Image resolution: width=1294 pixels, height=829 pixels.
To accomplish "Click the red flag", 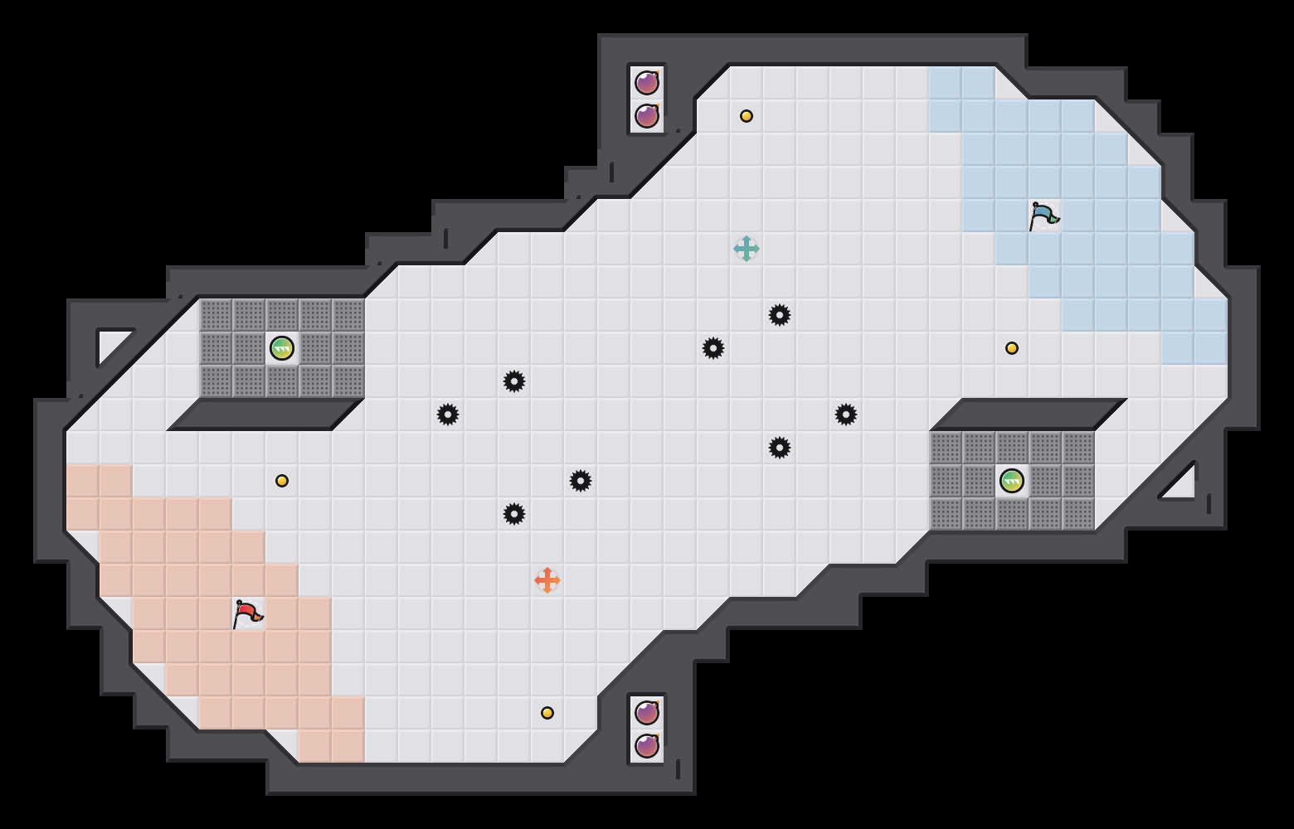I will coord(247,613).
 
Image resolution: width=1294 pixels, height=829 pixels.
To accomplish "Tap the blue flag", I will coord(1043,216).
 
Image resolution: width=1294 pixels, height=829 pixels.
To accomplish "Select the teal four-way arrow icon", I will coord(747,249).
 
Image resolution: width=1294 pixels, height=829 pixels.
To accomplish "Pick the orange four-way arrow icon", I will coord(547,580).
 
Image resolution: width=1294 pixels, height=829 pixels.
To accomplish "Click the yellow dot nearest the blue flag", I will coord(1012,348).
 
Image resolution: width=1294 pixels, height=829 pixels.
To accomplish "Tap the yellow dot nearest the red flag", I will coord(282,481).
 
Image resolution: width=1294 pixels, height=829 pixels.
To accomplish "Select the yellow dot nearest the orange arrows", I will coord(547,713).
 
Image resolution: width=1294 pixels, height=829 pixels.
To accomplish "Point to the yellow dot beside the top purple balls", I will coord(747,116).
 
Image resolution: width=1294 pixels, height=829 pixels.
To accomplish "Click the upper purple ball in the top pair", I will coord(647,83).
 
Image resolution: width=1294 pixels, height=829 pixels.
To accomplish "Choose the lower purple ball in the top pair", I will coord(647,116).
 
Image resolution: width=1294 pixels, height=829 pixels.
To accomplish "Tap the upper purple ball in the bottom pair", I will coord(647,713).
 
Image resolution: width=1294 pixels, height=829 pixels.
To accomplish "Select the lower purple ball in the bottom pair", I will coord(647,746).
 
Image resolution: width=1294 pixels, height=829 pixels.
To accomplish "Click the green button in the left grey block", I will coord(282,348).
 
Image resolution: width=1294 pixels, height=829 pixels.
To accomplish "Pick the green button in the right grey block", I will coord(1012,481).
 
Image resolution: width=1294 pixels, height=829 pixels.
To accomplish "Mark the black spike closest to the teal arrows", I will coord(780,315).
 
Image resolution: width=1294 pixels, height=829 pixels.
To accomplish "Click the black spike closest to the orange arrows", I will coord(514,514).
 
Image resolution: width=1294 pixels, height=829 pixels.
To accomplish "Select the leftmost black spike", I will coord(448,414).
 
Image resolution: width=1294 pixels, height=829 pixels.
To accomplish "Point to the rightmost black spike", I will coord(846,414).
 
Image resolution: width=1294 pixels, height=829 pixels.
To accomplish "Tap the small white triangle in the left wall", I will coord(110,343).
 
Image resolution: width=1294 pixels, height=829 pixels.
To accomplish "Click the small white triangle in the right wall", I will coord(1182,486).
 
